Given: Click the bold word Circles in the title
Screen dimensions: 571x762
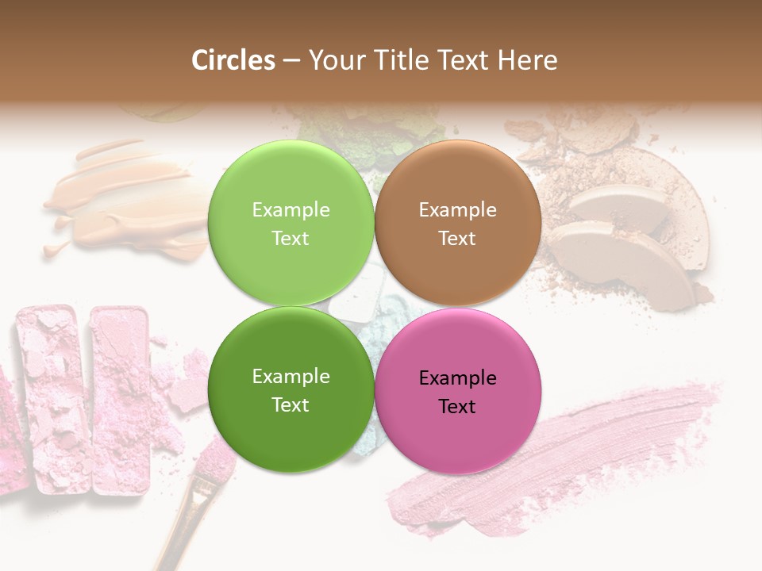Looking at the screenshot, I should (x=233, y=60).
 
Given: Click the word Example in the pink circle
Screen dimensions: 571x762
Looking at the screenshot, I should (x=457, y=377).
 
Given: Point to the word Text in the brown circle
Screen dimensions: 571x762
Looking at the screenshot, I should (x=457, y=238).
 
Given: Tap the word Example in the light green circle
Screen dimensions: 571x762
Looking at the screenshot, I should (x=291, y=209).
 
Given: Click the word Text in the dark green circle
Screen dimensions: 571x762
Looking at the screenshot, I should (x=291, y=404).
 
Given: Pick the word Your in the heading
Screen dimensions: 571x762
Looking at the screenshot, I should (x=337, y=60).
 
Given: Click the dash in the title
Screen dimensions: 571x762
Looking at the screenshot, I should (x=291, y=61).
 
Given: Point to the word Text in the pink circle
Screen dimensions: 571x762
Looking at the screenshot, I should (x=457, y=406).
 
